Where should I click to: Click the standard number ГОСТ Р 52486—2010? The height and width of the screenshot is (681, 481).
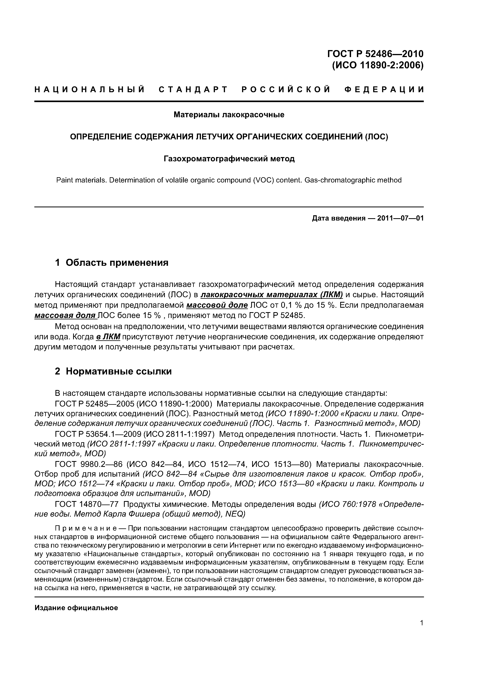click(375, 54)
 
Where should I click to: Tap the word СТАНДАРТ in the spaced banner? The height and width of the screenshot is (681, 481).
click(193, 89)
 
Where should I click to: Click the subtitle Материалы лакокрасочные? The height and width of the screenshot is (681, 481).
click(229, 115)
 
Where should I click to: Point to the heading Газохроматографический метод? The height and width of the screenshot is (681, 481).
click(229, 159)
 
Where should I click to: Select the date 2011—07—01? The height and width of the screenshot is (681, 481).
click(400, 218)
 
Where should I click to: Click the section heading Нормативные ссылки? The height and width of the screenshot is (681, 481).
click(119, 371)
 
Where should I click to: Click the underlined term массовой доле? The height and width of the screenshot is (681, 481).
click(217, 305)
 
